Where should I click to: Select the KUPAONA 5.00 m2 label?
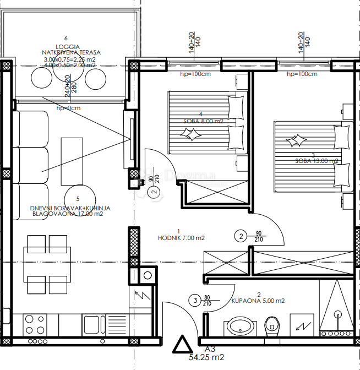click(258, 301)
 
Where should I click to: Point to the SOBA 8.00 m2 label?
click(203, 121)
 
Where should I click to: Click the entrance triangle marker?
click(181, 345)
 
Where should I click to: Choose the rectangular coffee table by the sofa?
click(72, 161)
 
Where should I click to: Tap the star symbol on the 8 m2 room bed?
click(192, 133)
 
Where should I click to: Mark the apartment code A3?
click(210, 349)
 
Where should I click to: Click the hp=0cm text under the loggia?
click(68, 108)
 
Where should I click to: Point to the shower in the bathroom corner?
click(337, 313)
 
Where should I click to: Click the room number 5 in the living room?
click(78, 199)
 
